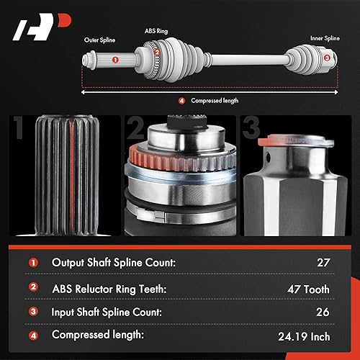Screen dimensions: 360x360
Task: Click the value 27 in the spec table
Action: [322, 263]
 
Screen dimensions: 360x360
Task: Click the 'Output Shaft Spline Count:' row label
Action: [113, 263]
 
